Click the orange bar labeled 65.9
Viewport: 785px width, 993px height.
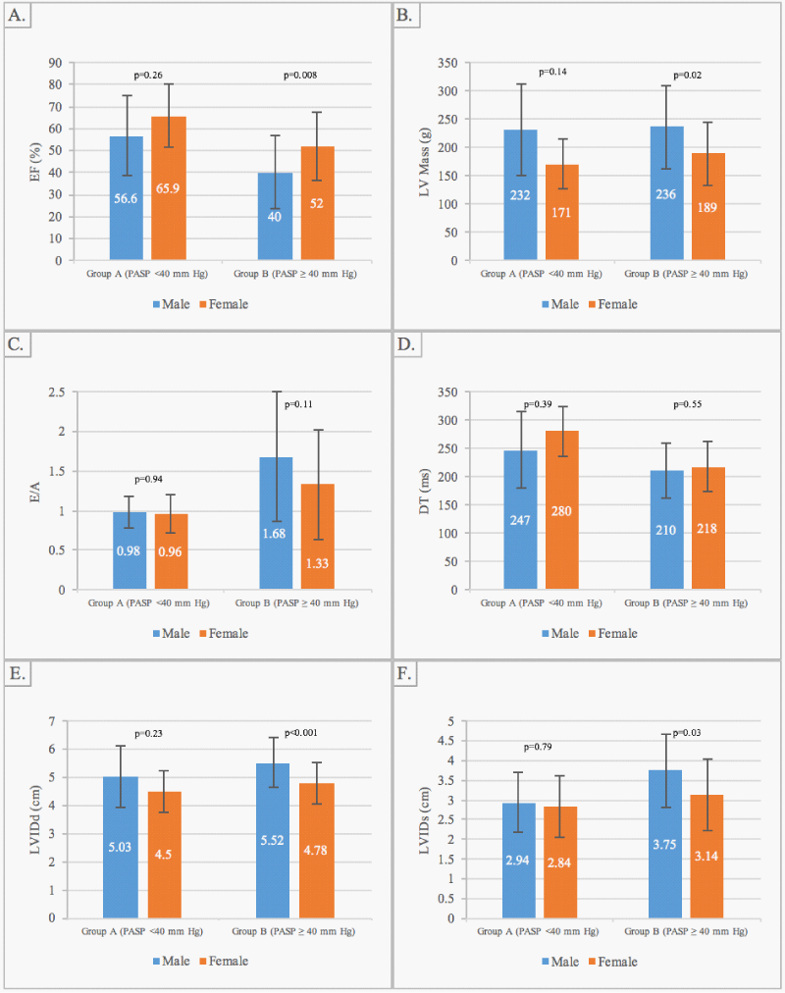point(169,188)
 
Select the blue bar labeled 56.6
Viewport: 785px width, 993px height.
point(126,198)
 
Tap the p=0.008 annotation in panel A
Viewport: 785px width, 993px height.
point(300,75)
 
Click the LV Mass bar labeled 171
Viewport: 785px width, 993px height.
point(561,212)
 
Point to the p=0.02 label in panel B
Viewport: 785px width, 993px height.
point(688,75)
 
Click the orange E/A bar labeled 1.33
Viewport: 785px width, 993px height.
point(318,537)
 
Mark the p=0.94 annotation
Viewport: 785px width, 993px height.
point(149,479)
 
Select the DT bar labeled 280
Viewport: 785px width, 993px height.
point(561,510)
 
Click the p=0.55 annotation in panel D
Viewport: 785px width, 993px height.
point(688,404)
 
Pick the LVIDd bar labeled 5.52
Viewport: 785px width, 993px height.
point(273,840)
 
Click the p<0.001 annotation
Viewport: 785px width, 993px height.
point(300,733)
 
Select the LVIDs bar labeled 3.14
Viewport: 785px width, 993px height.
point(706,857)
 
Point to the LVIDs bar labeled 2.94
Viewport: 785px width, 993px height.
point(518,860)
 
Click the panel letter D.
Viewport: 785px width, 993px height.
point(406,344)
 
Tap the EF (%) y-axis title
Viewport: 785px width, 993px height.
point(35,162)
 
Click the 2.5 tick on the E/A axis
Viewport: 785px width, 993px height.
point(57,392)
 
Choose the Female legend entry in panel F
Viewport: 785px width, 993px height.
point(613,962)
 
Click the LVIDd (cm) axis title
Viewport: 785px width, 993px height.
point(35,819)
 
